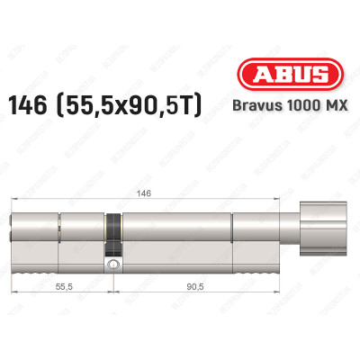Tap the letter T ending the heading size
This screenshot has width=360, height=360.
[197, 107]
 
